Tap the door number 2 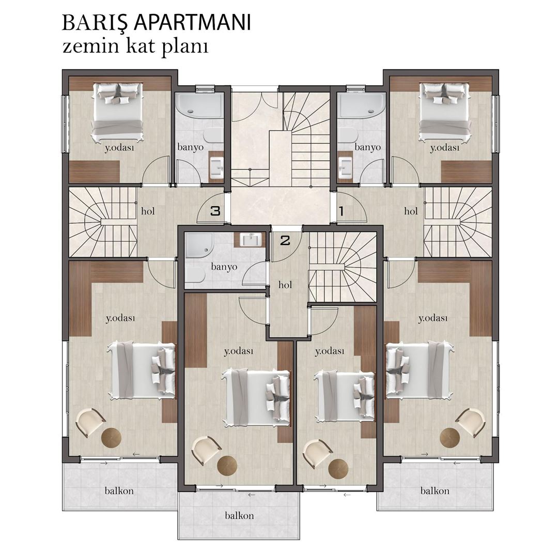click(x=285, y=240)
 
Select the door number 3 click(x=215, y=211)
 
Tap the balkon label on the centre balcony click(x=239, y=515)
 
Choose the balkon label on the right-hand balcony click(x=435, y=490)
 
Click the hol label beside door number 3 click(x=148, y=211)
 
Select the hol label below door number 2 click(x=285, y=284)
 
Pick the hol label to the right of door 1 click(x=411, y=211)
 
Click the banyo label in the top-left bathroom click(x=190, y=147)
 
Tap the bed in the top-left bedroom click(x=118, y=112)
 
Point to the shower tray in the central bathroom click(x=198, y=245)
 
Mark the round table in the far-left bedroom click(x=111, y=438)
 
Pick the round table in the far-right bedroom click(x=450, y=438)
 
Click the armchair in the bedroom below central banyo click(x=206, y=450)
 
